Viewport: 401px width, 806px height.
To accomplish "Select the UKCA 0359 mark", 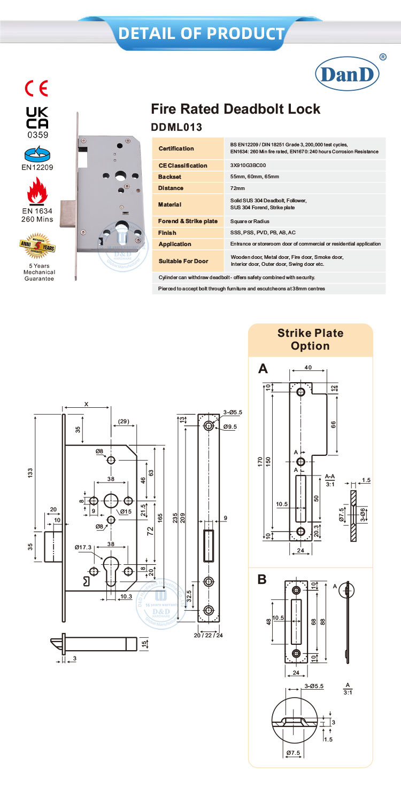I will (x=37, y=122).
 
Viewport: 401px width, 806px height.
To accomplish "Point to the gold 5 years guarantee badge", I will (x=37, y=245).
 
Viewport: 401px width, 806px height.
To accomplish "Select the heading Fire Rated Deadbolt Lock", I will (x=236, y=109).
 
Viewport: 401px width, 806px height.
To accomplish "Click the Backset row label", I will (x=171, y=177).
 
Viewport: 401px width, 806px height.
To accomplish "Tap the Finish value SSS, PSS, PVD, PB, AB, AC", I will (x=263, y=233).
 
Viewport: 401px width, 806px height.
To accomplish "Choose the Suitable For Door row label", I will (x=183, y=261).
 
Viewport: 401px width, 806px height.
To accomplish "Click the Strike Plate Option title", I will (x=310, y=339).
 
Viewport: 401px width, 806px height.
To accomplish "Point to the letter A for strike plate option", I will (x=263, y=368).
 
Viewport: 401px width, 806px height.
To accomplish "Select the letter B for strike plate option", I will (x=262, y=579).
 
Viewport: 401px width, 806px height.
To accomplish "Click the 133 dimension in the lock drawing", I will (x=30, y=472).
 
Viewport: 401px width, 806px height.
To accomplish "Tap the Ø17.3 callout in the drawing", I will (x=84, y=547).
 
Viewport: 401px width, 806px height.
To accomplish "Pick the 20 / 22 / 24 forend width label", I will (x=209, y=635).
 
